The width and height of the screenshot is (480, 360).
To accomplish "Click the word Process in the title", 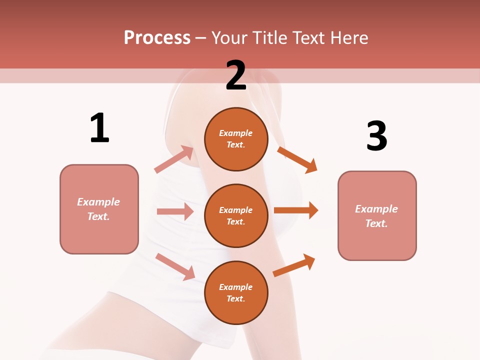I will coord(157,38).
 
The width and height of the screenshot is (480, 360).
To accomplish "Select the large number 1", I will coord(99,128).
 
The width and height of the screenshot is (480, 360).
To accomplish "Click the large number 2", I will coord(236,75).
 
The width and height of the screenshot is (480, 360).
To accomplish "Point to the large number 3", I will coord(376,136).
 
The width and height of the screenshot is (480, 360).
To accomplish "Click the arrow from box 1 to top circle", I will coord(174,159).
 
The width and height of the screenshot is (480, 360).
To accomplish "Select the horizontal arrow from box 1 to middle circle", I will coord(174,211).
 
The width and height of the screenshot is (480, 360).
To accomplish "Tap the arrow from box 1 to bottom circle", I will coord(175,266).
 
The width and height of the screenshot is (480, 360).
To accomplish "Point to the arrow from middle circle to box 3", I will coord(295,210).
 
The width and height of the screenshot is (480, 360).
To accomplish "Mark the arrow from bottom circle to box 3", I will coord(294,265).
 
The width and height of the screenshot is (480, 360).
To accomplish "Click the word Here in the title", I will coord(349,38).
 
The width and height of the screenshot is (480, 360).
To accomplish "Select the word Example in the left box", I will coord(98,202).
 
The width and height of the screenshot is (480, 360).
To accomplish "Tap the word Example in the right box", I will coord(376,209).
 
